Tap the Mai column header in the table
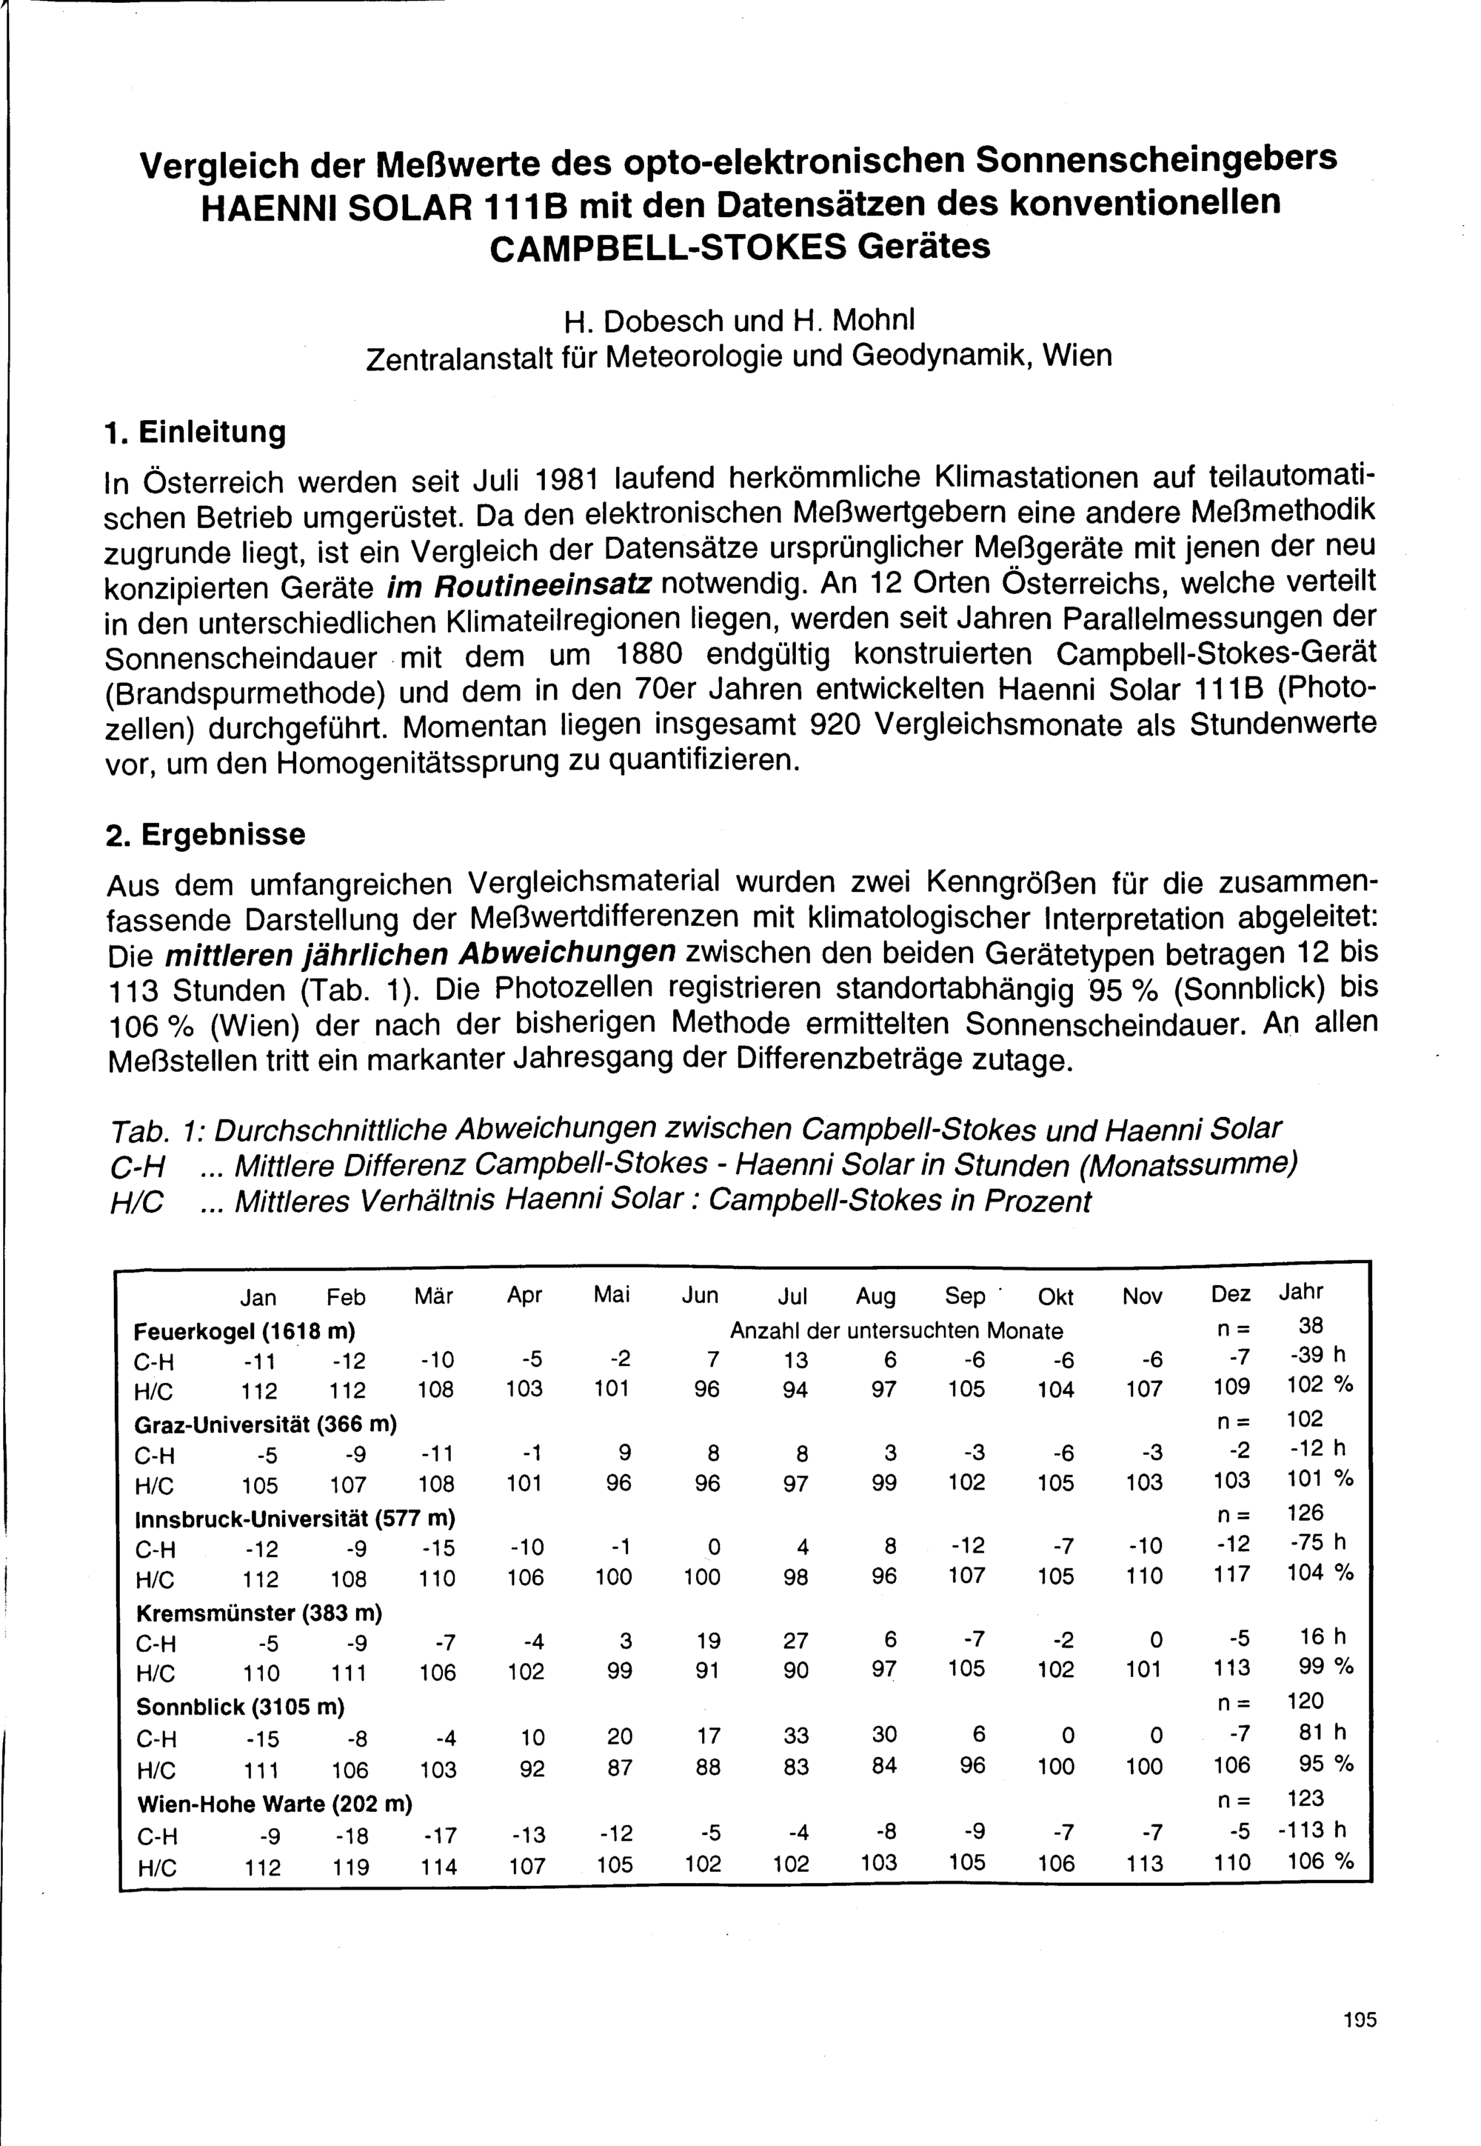[x=612, y=1295]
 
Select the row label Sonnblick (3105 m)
[x=239, y=1706]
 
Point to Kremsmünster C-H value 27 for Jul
[x=795, y=1641]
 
